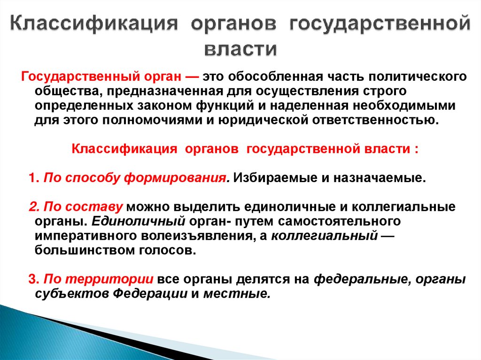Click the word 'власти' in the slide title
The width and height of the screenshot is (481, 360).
coord(240,48)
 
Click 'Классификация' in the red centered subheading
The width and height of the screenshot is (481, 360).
coord(124,149)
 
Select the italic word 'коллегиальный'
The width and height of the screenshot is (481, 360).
coord(325,236)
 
